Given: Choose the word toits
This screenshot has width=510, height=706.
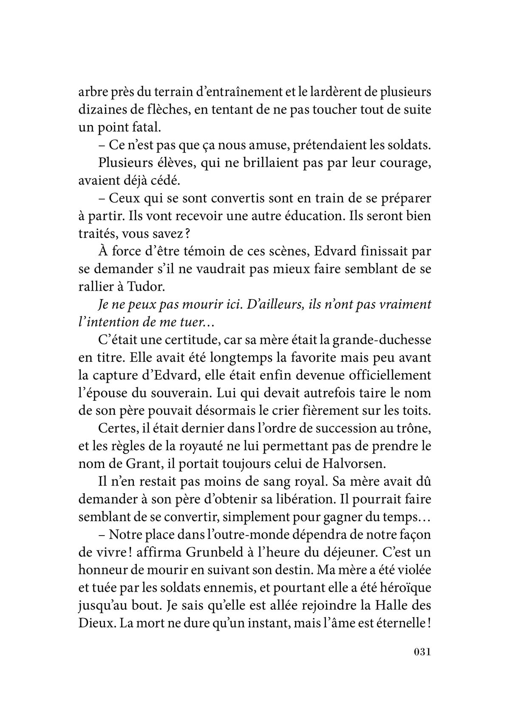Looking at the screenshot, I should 418,410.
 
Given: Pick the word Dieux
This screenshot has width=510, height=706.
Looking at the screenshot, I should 94,623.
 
